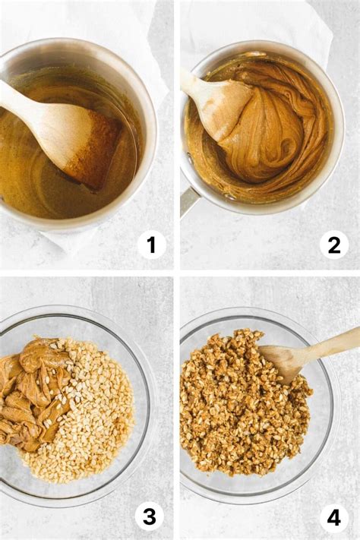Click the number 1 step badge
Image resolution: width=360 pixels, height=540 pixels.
(x=151, y=245)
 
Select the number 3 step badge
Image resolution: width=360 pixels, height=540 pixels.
(x=149, y=516)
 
